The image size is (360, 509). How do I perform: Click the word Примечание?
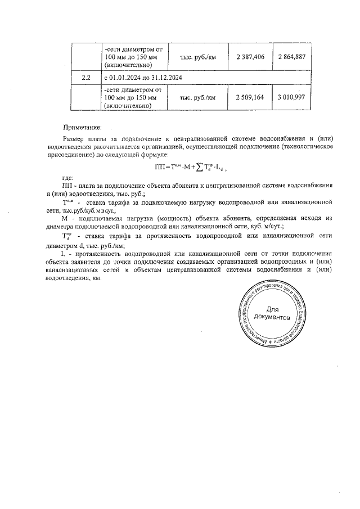pos(82,128)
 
